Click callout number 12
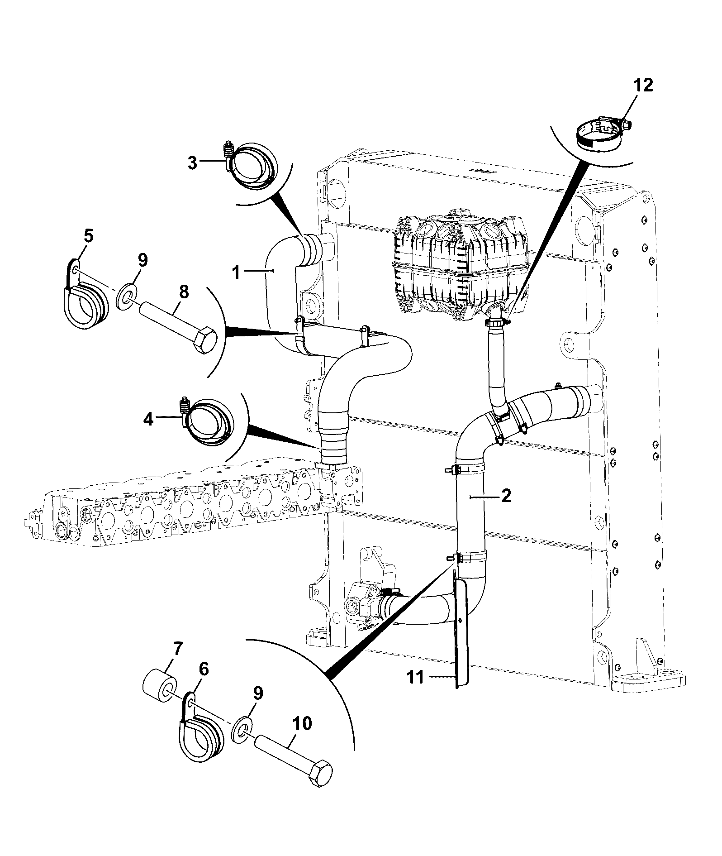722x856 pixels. click(644, 86)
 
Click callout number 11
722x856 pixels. click(416, 690)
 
